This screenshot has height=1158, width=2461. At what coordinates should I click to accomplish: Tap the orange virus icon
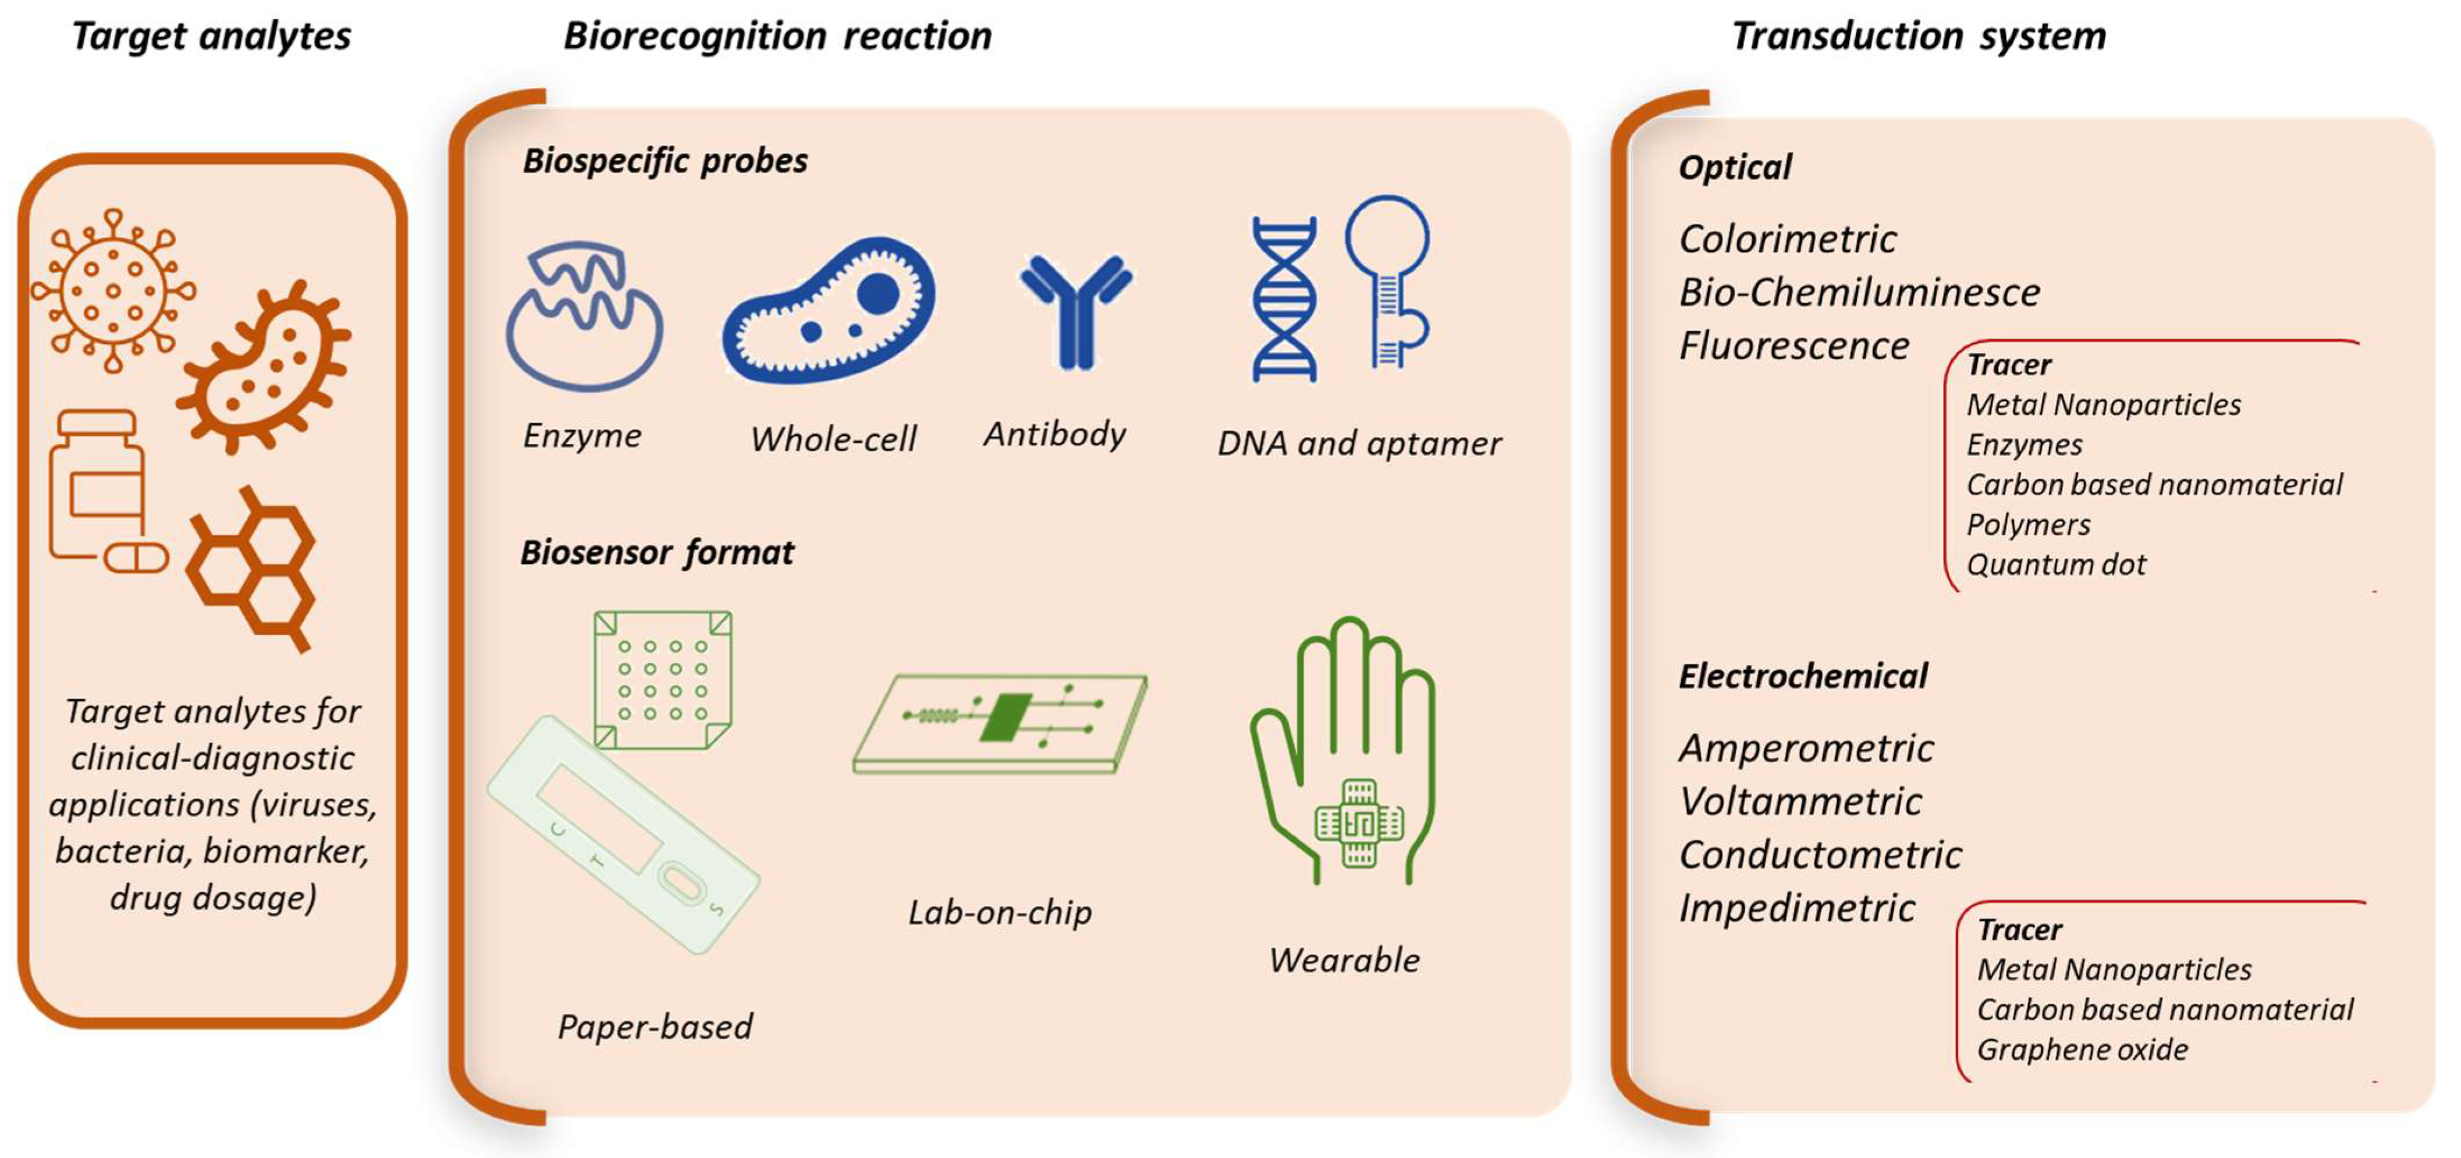coord(113,290)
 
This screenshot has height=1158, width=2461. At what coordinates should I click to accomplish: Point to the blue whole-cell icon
coord(828,311)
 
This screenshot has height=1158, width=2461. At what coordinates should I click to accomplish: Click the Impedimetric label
coord(1796,908)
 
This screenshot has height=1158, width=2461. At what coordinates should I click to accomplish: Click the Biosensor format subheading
coord(656,552)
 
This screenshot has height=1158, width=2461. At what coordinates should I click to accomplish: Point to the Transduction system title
coord(1919,36)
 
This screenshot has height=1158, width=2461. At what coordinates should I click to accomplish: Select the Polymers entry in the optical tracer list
coord(2027,524)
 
